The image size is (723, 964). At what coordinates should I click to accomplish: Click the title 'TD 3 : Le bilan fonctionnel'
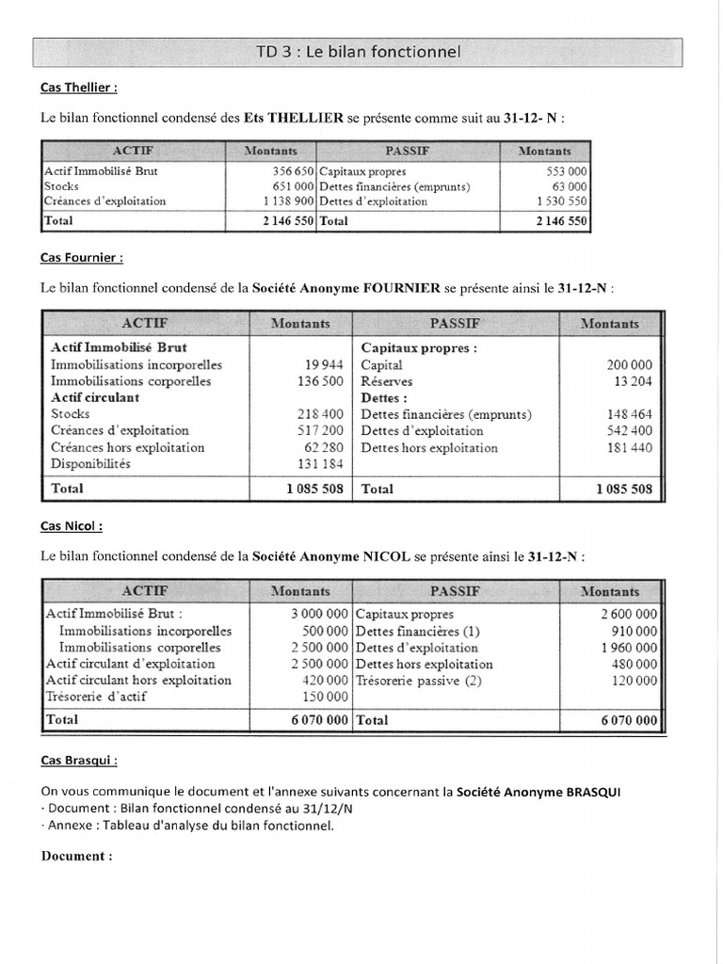(358, 53)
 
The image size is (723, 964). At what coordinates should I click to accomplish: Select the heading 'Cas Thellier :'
(79, 88)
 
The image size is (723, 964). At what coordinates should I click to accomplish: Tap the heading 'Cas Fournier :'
(81, 257)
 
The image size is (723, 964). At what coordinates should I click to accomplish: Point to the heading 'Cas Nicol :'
(72, 526)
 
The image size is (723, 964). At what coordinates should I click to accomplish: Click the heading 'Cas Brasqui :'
(79, 760)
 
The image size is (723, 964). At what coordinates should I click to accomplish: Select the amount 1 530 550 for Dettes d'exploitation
(561, 201)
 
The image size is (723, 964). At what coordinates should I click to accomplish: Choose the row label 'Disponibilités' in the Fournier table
(90, 464)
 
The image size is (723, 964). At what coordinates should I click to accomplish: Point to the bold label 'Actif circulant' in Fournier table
(94, 397)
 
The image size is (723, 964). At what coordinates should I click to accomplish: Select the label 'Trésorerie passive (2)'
(418, 681)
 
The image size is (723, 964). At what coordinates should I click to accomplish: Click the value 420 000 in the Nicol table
(324, 681)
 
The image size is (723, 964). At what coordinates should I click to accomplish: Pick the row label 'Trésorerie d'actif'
(96, 697)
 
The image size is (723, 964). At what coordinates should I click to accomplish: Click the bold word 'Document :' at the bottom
(76, 856)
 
